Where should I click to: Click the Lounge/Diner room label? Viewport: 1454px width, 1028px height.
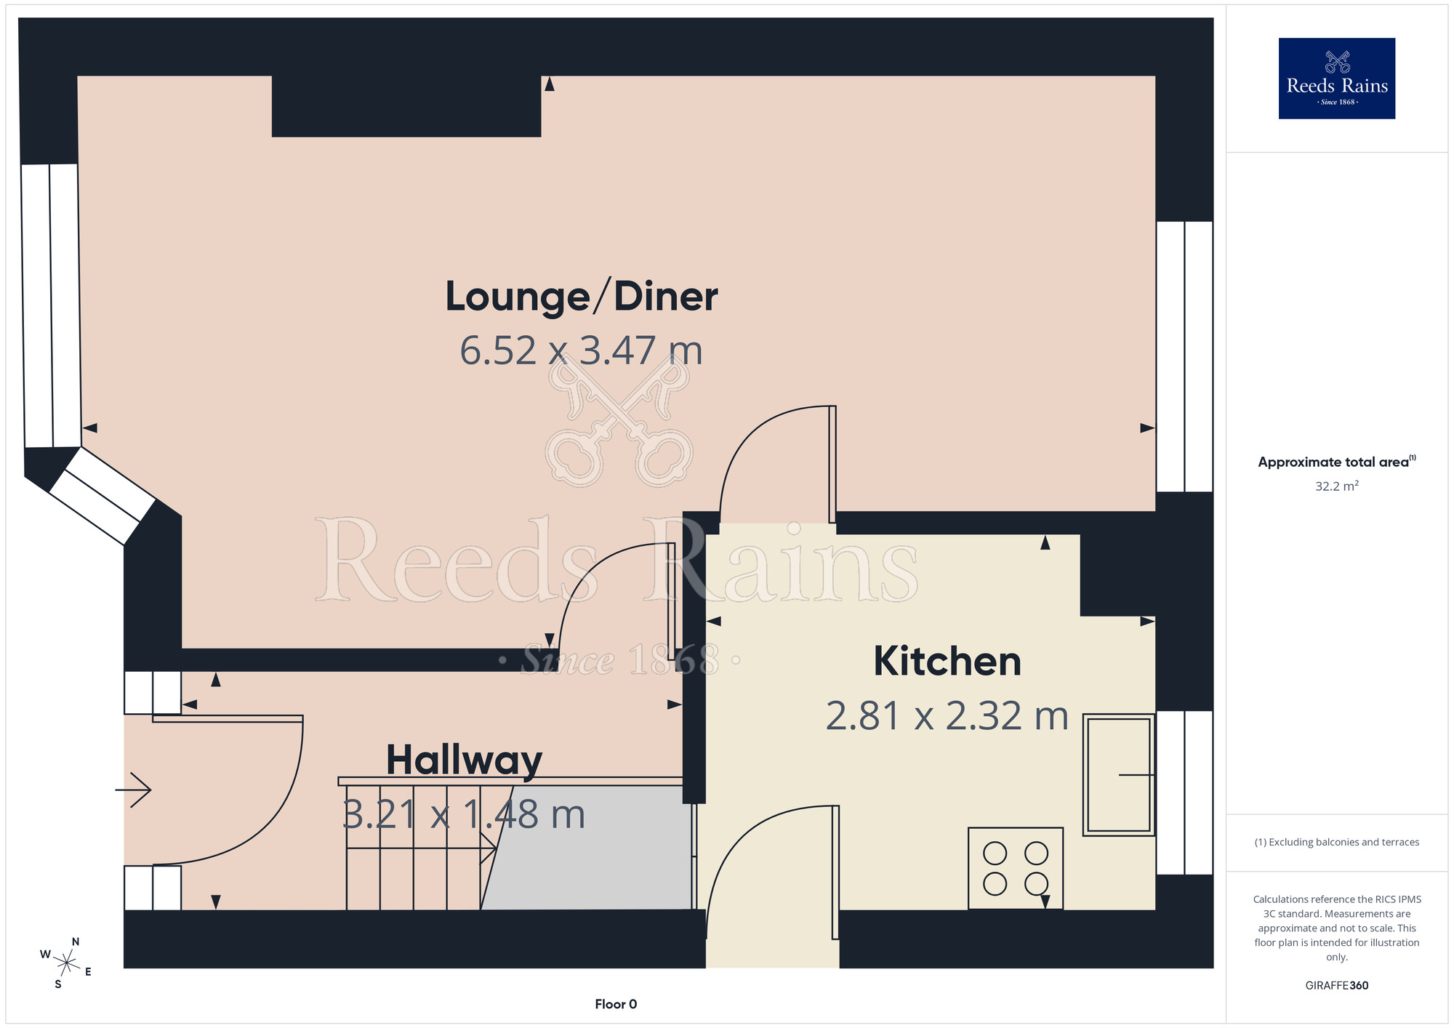[x=582, y=297]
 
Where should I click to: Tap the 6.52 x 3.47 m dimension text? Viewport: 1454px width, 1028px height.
[x=582, y=350]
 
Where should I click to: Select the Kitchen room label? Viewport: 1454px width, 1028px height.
[x=947, y=662]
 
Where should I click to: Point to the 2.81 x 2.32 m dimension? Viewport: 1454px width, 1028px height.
[x=947, y=716]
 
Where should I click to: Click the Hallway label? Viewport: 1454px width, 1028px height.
[x=464, y=761]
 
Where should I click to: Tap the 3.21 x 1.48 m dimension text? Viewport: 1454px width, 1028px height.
[x=464, y=814]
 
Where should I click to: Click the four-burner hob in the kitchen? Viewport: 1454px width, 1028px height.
[x=1016, y=868]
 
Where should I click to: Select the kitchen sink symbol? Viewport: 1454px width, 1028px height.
[x=1119, y=775]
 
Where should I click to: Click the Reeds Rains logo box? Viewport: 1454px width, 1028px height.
[x=1337, y=79]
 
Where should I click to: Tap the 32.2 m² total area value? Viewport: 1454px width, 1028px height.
[x=1337, y=486]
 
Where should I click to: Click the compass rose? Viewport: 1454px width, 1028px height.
[x=66, y=963]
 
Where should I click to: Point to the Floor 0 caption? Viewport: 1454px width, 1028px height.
[x=616, y=1004]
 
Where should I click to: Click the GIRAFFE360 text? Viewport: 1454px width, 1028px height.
[x=1337, y=986]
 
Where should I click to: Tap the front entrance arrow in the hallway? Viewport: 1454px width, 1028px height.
[x=133, y=790]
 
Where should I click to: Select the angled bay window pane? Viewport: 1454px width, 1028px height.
[x=103, y=496]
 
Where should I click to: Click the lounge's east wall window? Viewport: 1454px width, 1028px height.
[x=1184, y=356]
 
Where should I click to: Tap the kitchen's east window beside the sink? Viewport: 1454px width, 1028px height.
[x=1184, y=792]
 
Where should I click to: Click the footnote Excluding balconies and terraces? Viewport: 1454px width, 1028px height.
[x=1337, y=842]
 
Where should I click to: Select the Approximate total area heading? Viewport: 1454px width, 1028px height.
[x=1337, y=462]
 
